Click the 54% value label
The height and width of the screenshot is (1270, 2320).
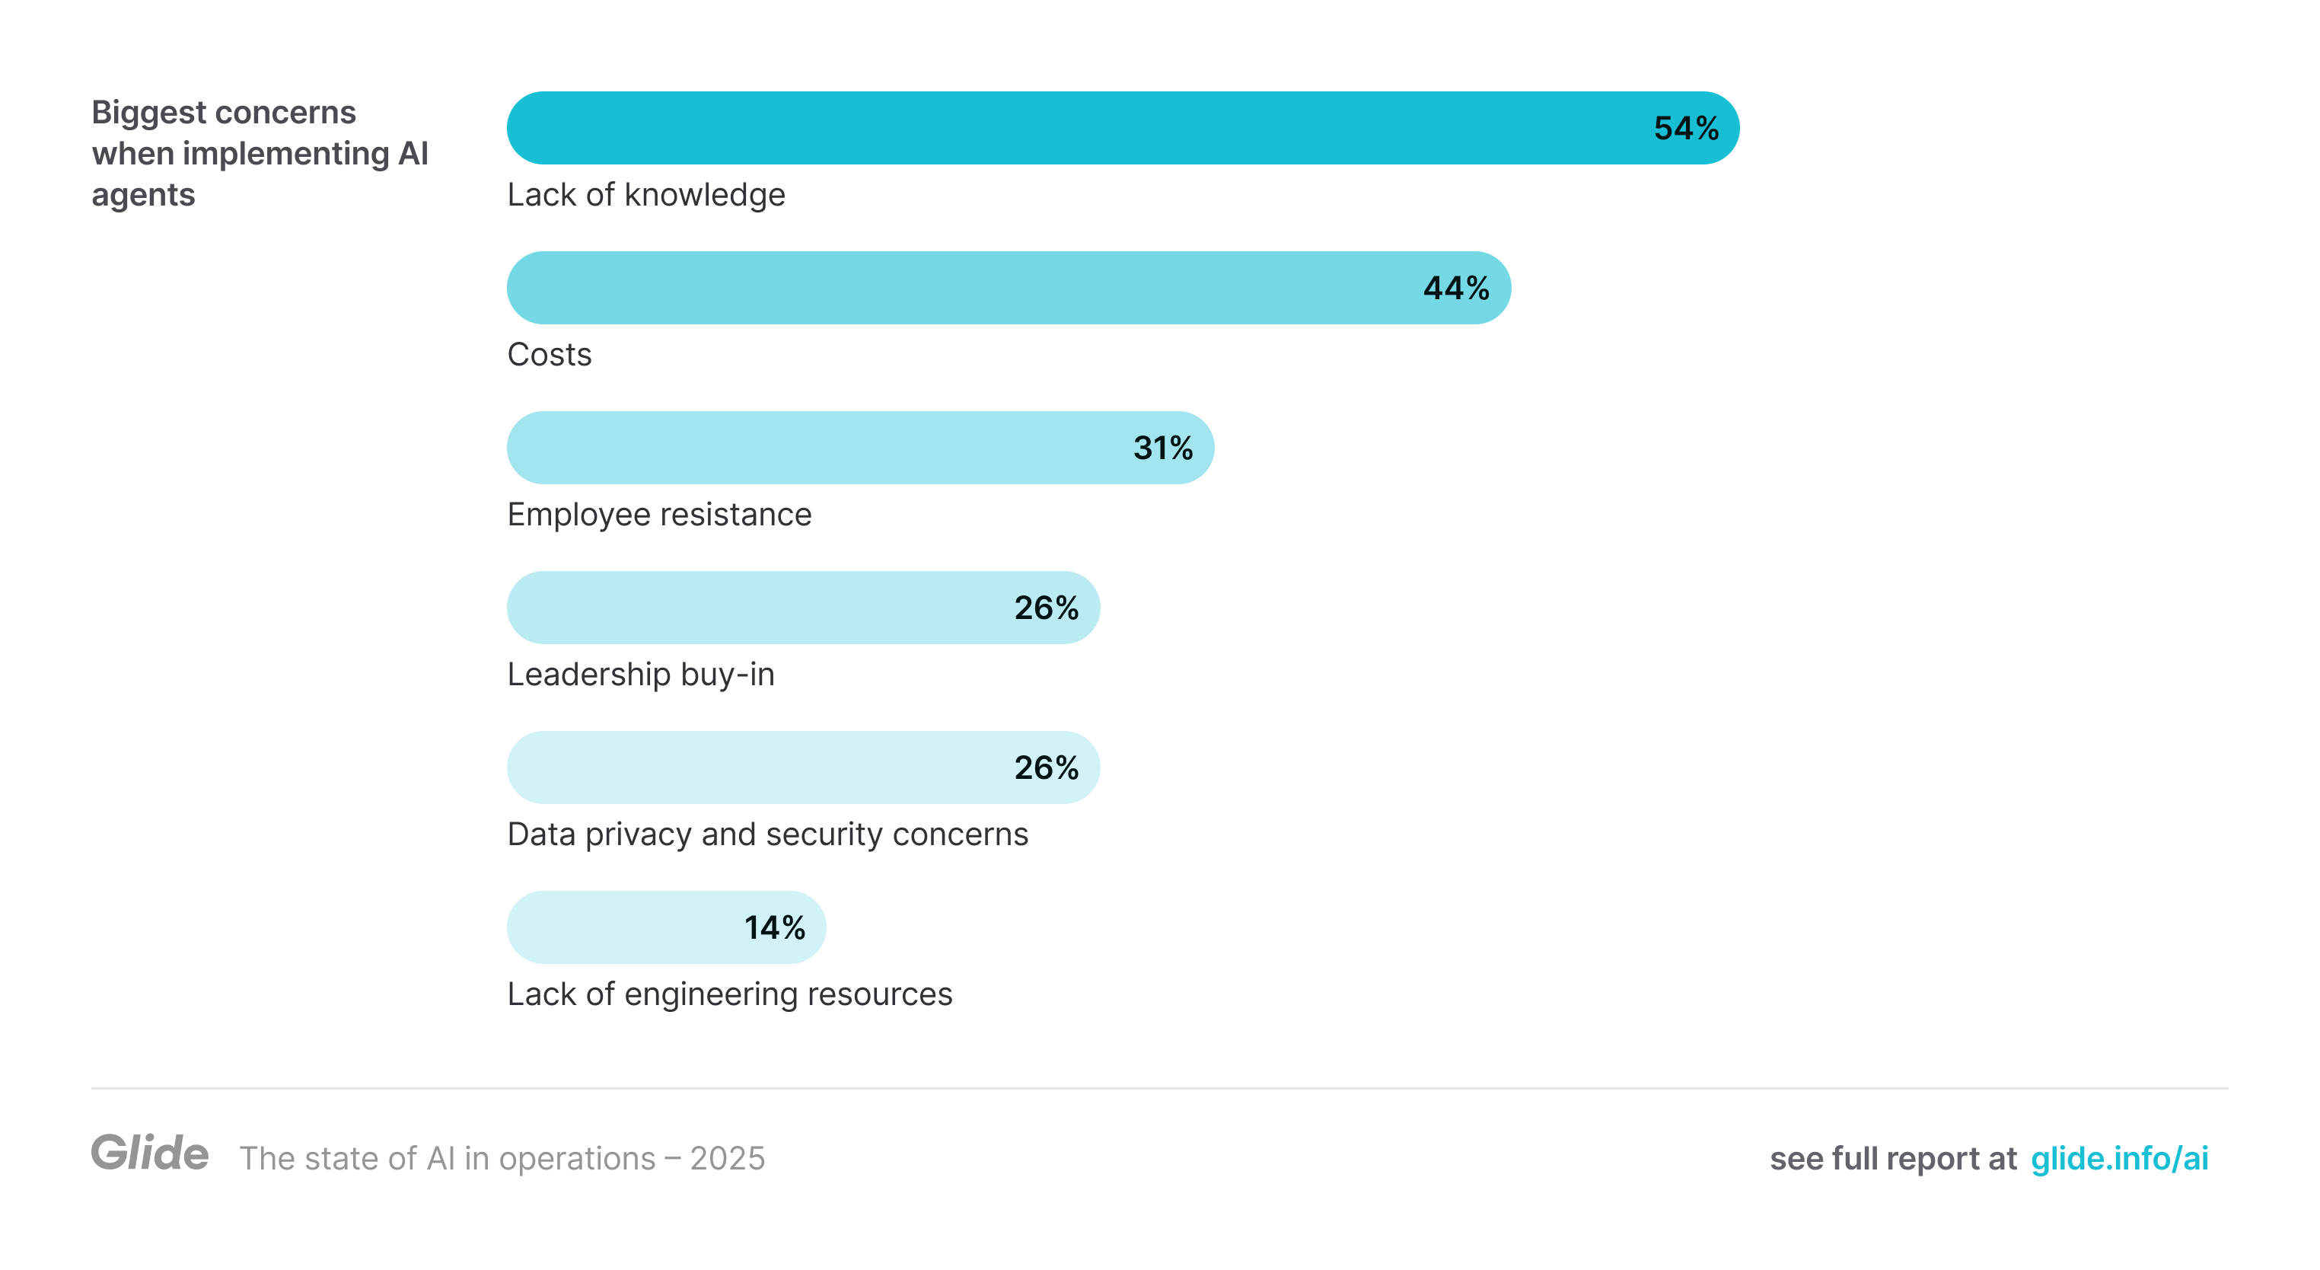coord(1685,128)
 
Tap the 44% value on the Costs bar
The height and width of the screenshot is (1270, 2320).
coord(1455,289)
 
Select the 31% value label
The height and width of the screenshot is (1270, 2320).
coord(1163,448)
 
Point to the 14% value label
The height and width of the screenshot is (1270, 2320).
coord(775,927)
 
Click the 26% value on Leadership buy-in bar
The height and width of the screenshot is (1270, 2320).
coord(1046,608)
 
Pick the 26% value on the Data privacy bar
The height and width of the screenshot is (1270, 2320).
coord(1046,767)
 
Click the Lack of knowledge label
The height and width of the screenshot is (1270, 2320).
coord(645,195)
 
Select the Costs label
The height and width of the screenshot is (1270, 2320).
coord(550,355)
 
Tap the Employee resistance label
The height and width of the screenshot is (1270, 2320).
coord(659,514)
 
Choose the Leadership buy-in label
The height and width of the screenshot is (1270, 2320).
coord(640,675)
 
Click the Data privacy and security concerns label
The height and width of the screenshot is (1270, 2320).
coord(767,834)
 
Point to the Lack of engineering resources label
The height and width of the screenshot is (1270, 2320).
coord(729,994)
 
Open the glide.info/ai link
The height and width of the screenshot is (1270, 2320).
coord(2119,1159)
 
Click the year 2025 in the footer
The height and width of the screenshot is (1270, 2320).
coord(727,1159)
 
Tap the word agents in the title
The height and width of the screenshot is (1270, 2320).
coord(143,195)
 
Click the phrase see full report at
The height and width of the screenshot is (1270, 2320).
coord(1892,1159)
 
